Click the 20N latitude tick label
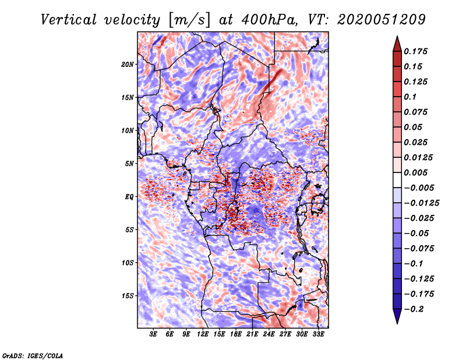pyautogui.click(x=128, y=64)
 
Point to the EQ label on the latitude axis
pyautogui.click(x=129, y=196)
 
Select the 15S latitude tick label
pyautogui.click(x=128, y=295)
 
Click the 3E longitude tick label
pyautogui.click(x=154, y=334)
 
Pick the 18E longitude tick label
pyautogui.click(x=235, y=334)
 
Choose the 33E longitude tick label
pyautogui.click(x=318, y=334)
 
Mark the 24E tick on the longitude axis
pyautogui.click(x=269, y=334)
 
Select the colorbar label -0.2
pyautogui.click(x=417, y=309)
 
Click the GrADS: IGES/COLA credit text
pyautogui.click(x=33, y=355)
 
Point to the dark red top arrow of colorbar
pyautogui.click(x=397, y=43)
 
